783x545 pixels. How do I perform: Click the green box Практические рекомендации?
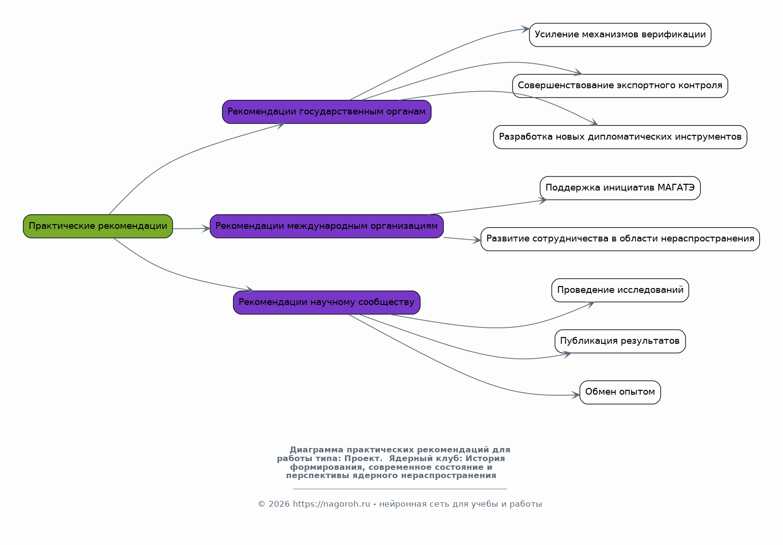tap(98, 226)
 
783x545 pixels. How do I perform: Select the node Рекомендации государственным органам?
tap(326, 112)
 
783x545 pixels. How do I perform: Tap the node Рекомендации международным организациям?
tap(326, 226)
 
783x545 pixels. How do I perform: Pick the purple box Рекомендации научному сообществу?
tap(326, 303)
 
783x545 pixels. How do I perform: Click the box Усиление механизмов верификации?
tap(620, 35)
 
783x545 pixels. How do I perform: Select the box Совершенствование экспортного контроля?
tap(620, 86)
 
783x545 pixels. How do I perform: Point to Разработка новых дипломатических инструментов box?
tap(620, 137)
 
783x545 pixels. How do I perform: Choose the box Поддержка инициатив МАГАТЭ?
tap(620, 188)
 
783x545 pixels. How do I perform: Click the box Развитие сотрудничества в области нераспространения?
tap(620, 239)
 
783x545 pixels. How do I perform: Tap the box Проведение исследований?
tap(620, 290)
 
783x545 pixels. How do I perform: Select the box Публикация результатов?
tap(620, 341)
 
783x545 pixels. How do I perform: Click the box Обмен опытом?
tap(620, 392)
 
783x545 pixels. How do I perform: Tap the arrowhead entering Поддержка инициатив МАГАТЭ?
tap(543, 201)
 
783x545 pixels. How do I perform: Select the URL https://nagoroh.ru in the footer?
tap(331, 504)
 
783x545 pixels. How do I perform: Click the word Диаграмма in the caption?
tap(316, 449)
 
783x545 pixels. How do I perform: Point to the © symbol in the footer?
tap(261, 504)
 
